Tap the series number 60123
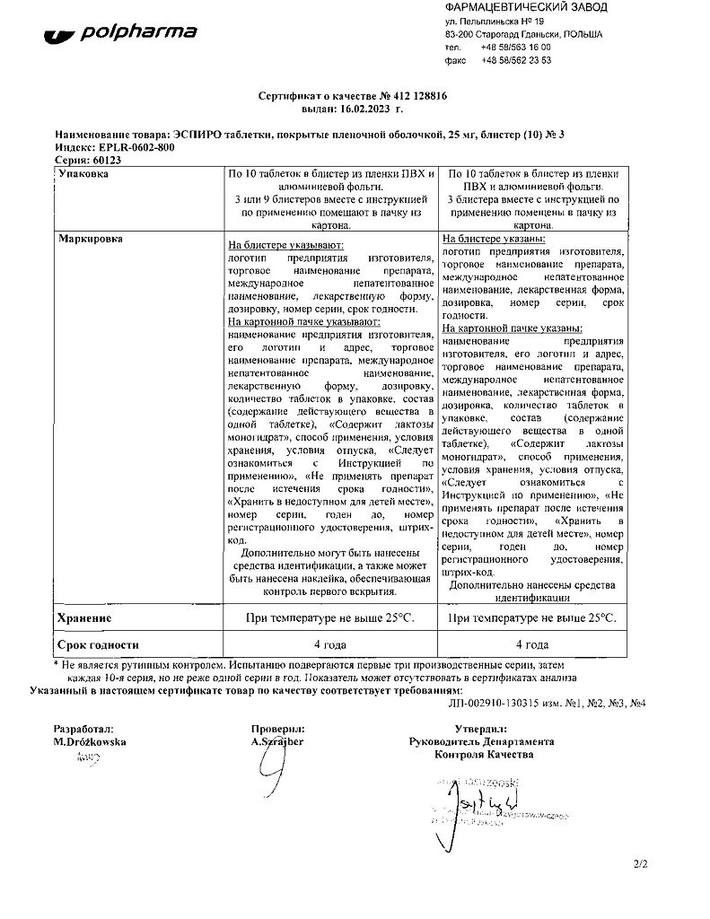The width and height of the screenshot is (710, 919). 107,160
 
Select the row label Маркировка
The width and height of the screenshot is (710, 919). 91,240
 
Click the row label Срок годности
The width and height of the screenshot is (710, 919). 98,644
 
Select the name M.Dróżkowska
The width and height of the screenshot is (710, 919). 90,742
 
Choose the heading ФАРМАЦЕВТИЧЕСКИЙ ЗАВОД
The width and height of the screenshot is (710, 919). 525,7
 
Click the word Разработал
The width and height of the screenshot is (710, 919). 83,730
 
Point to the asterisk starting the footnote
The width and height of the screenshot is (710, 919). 57,665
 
